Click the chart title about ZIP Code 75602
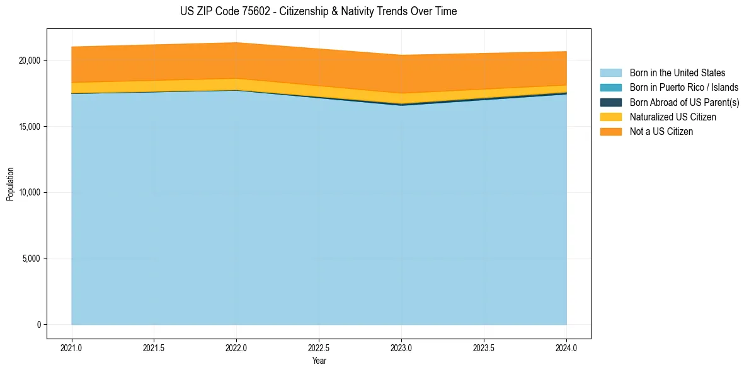318,11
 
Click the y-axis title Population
10,183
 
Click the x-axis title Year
319,361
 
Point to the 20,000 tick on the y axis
29,61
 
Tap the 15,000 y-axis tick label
29,127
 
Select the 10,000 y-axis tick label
29,192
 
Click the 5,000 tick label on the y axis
31,259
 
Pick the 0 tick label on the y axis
38,325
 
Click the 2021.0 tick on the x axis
72,347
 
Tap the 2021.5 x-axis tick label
154,347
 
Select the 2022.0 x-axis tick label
236,347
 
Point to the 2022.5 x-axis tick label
319,347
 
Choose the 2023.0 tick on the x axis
401,347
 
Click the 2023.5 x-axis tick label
484,347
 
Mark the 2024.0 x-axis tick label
566,347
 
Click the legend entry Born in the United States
677,73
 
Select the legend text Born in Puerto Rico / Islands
684,88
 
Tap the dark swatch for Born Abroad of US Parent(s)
610,102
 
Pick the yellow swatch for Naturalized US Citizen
610,117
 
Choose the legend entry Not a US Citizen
661,132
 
